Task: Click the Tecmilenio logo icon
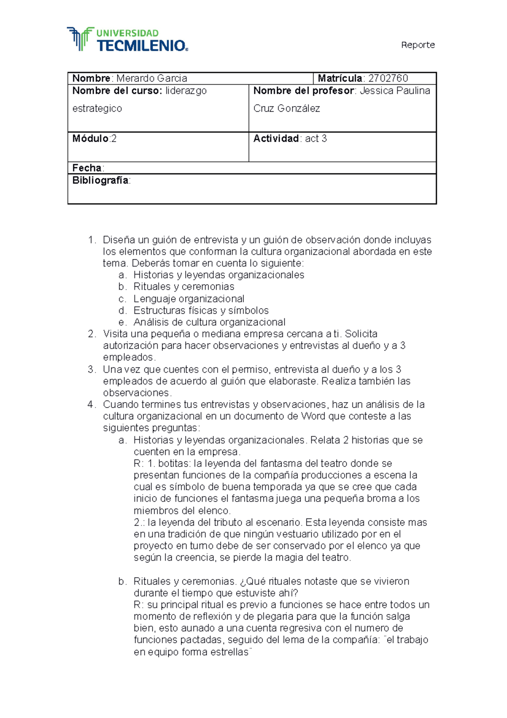point(80,39)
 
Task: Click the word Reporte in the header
point(417,45)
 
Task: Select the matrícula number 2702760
point(388,78)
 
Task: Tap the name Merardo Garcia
point(151,78)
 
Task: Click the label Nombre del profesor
point(303,90)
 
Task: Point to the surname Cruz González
point(286,108)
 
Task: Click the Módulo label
point(90,139)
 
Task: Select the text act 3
point(316,139)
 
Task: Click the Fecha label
point(87,168)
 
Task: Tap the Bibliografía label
point(101,180)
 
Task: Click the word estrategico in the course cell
point(97,108)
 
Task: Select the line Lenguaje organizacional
point(189,299)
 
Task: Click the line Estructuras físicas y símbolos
point(201,310)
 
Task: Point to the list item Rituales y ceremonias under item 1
point(184,287)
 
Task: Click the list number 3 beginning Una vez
point(92,369)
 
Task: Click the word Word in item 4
point(313,416)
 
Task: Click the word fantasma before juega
point(252,499)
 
